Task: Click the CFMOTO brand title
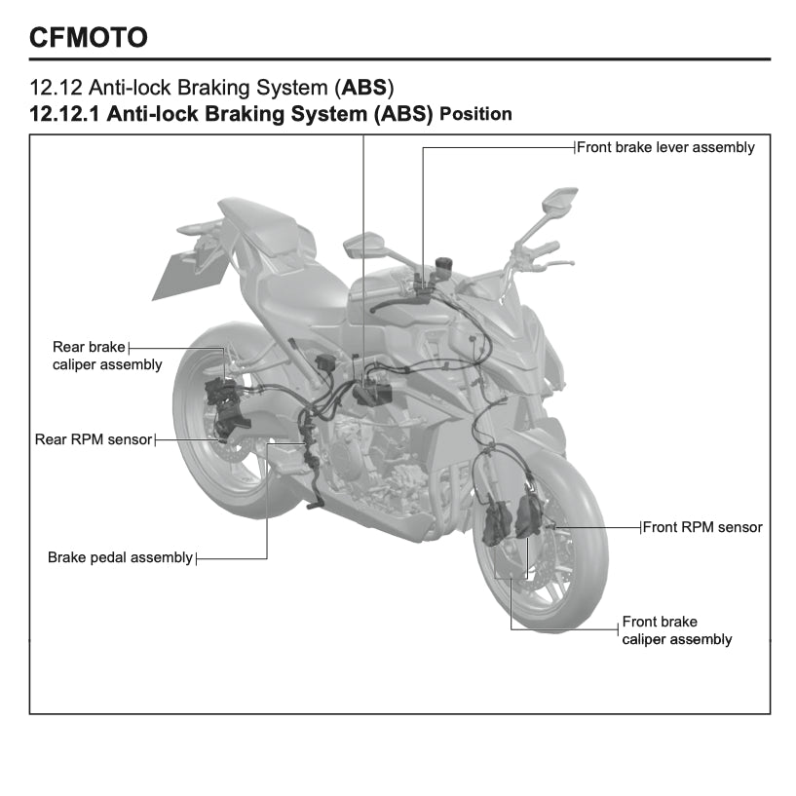point(89,38)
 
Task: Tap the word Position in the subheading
point(475,114)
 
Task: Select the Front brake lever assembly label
point(665,148)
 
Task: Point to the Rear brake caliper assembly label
point(106,356)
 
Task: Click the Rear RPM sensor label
point(94,439)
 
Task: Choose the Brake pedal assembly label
point(120,558)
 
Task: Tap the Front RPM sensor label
point(702,527)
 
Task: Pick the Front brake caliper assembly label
point(676,630)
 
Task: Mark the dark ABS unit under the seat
point(372,393)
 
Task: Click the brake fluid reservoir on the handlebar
point(447,265)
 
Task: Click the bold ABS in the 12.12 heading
point(362,88)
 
